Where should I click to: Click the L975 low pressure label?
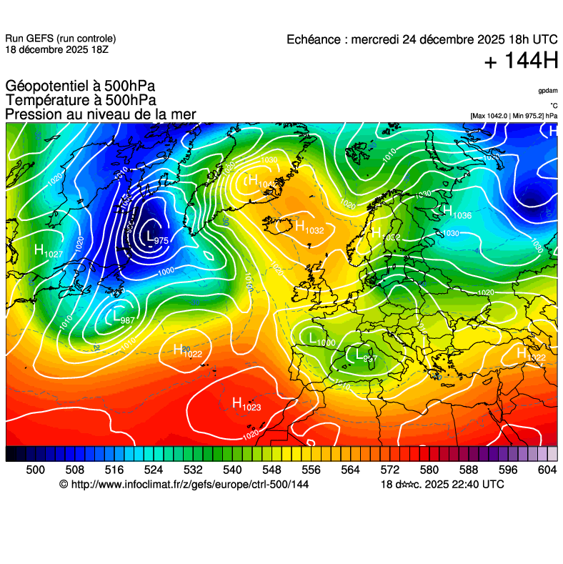point(156,238)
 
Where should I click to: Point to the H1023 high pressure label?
point(246,405)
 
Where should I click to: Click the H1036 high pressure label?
point(457,212)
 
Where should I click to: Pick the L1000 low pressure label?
point(322,340)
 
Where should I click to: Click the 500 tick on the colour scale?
point(35,469)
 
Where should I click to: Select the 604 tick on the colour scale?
point(547,469)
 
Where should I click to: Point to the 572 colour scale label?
point(389,469)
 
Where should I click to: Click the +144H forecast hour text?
point(521,62)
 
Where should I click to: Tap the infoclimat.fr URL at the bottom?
point(190,485)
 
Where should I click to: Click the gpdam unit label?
point(548,91)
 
